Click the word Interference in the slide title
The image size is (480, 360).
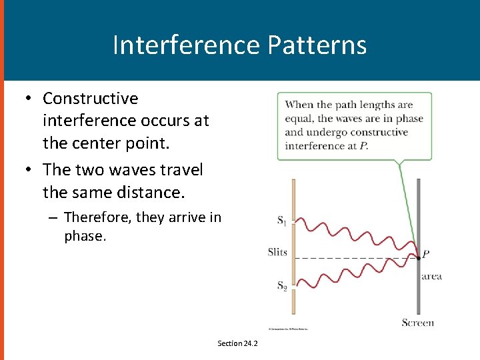click(x=187, y=45)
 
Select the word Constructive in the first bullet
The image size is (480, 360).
click(x=91, y=99)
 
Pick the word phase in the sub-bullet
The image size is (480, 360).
click(x=85, y=236)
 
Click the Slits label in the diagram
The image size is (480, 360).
click(x=277, y=252)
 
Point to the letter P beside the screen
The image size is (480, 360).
click(x=425, y=254)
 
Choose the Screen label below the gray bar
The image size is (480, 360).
click(x=418, y=323)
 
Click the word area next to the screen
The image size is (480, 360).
click(x=431, y=276)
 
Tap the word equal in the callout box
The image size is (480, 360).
click(x=298, y=119)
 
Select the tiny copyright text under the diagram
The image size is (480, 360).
click(x=288, y=329)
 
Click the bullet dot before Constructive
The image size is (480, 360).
click(x=28, y=99)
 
